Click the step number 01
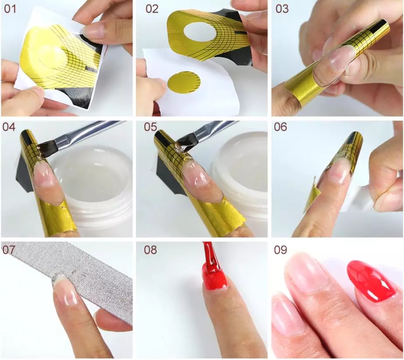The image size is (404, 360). point(10,9)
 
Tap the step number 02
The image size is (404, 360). point(152,9)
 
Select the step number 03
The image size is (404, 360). point(282,9)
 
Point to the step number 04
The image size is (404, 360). point(9,127)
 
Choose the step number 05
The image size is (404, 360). point(150,127)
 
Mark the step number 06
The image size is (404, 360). point(280,127)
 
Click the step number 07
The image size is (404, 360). point(9,250)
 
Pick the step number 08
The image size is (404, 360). point(150,250)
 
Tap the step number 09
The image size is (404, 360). point(280,250)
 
